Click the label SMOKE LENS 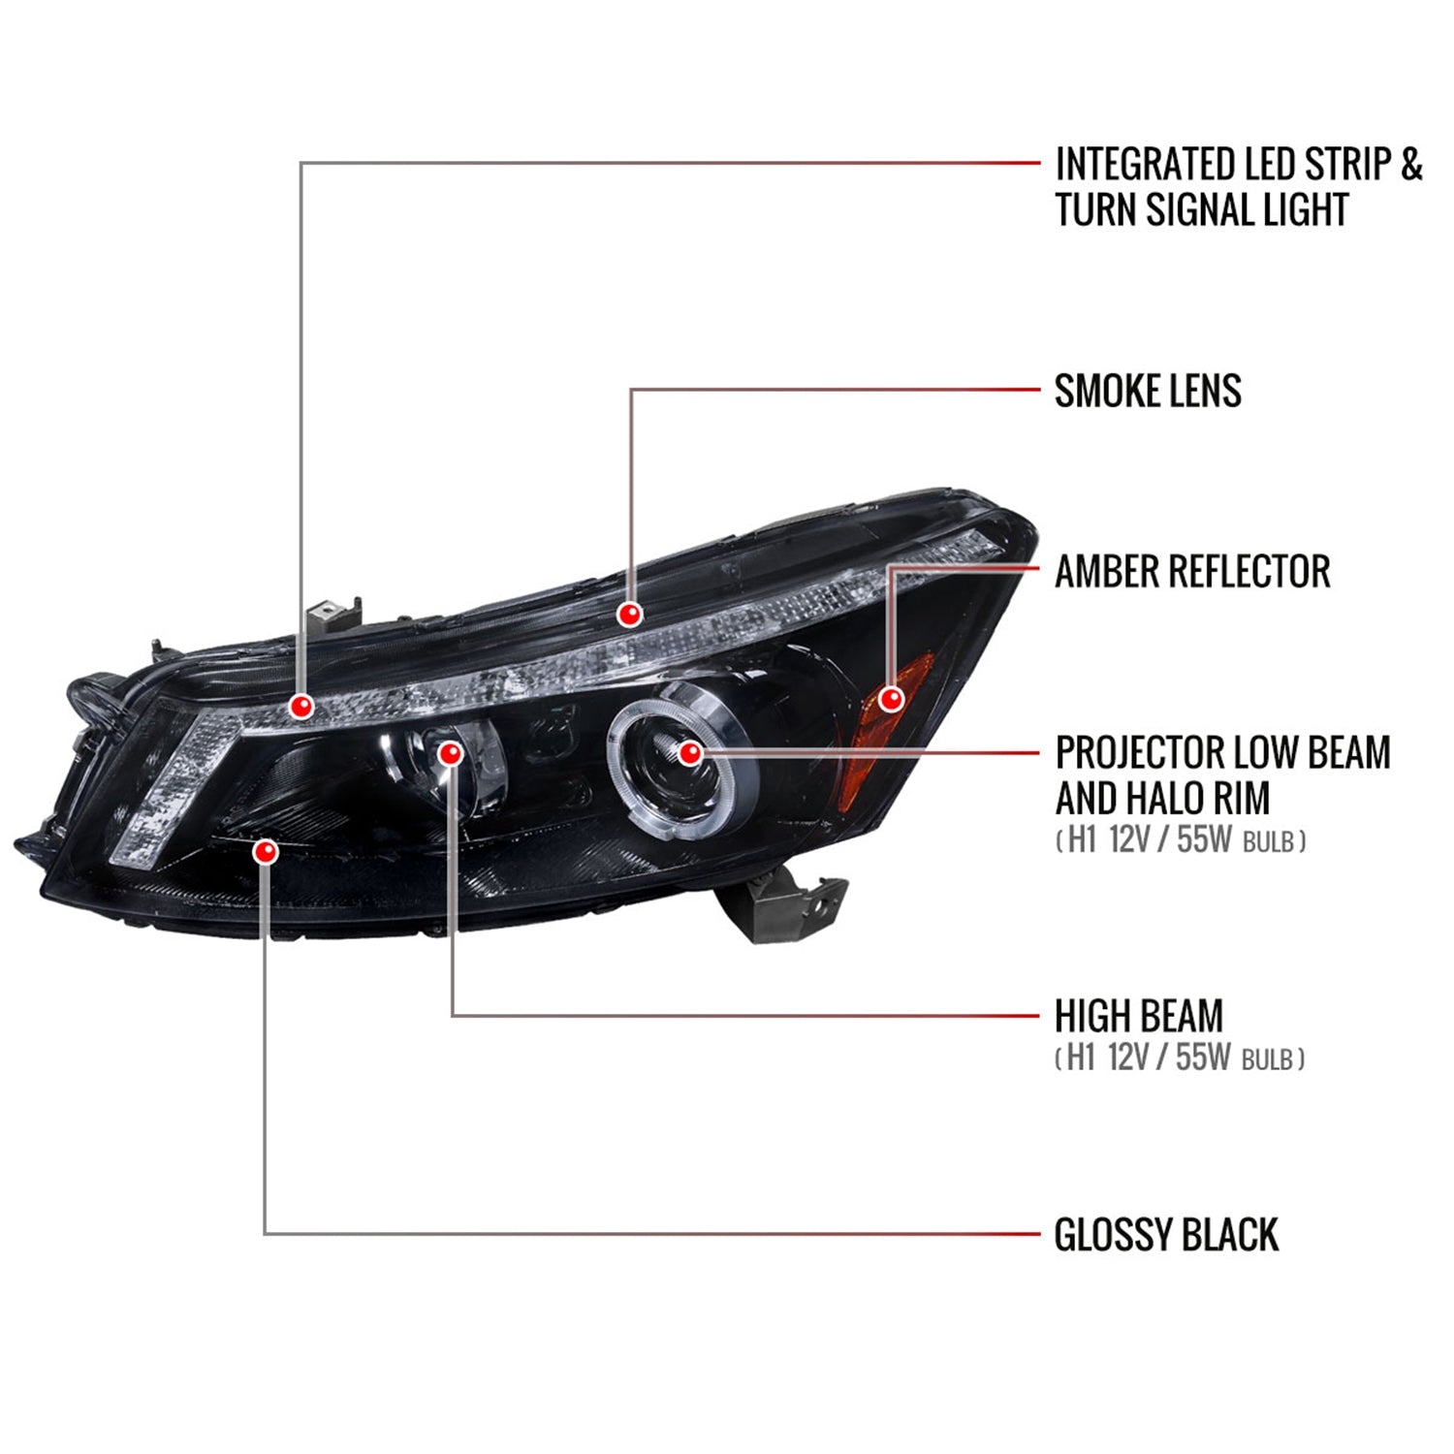coord(1148,391)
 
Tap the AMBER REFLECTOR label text coord(1192,571)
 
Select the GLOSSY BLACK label coord(1166,1235)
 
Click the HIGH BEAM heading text coord(1139,1016)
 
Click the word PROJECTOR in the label coord(1123,752)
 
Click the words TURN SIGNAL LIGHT coord(1201,210)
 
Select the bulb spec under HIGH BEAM coord(1180,1058)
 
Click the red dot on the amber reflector coord(891,698)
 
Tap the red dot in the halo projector coord(689,752)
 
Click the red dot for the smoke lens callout coord(630,615)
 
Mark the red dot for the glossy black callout coord(265,852)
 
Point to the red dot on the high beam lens coord(451,753)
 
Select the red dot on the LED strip coord(301,706)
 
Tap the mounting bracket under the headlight coord(781,905)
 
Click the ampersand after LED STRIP coord(1410,164)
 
